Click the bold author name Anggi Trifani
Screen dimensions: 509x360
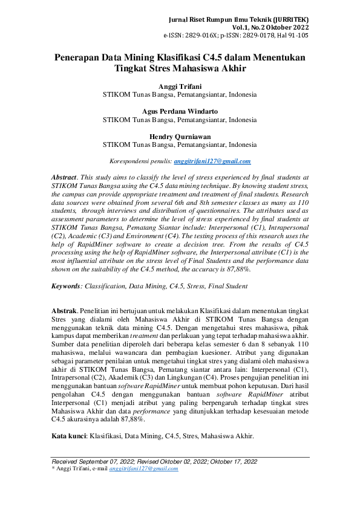[x=180, y=86]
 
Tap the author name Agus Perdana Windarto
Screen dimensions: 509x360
[x=180, y=111]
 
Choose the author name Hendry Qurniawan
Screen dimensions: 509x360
[x=180, y=136]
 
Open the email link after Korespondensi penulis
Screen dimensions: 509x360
[x=212, y=161]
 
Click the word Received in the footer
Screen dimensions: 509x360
[x=66, y=461]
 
